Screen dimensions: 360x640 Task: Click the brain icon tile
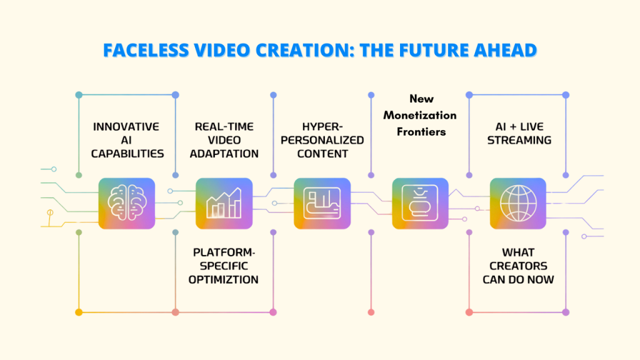(x=126, y=203)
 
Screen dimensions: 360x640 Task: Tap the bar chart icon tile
(x=224, y=203)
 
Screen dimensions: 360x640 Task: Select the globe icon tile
(x=517, y=203)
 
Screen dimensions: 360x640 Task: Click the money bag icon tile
(x=420, y=203)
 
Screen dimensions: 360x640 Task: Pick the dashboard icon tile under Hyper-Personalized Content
(x=322, y=203)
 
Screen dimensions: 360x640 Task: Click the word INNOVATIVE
(x=126, y=126)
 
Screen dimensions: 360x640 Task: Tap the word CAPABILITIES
(x=126, y=154)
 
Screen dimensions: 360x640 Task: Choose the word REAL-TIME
(x=224, y=126)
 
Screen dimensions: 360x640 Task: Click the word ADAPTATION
(x=224, y=154)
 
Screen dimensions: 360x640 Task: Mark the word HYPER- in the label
(x=322, y=126)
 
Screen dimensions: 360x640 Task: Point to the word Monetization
(x=420, y=115)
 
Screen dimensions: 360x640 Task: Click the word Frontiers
(x=420, y=131)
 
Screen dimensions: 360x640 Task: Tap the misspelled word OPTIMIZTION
(x=224, y=279)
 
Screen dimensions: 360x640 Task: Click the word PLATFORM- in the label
(x=224, y=252)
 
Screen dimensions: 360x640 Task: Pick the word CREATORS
(x=518, y=266)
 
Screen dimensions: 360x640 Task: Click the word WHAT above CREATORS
(x=518, y=252)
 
